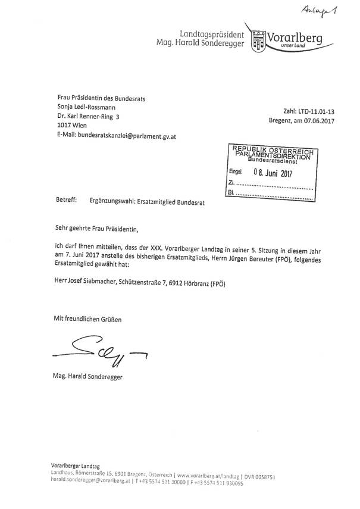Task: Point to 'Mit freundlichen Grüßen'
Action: coord(79,320)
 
